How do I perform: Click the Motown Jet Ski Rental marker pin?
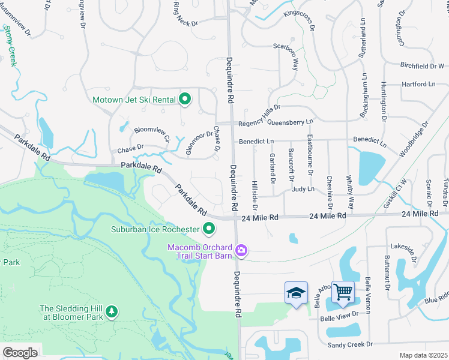[185, 100]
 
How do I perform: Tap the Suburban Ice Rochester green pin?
[209, 229]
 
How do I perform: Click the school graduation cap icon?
[296, 293]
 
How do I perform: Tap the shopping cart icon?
[343, 293]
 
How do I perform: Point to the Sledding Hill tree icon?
[110, 311]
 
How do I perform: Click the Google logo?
[20, 353]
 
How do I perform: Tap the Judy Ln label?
[303, 189]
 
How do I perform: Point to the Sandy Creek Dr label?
[350, 344]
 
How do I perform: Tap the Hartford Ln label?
[418, 85]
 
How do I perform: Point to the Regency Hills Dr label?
[259, 117]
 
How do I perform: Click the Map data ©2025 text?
[424, 355]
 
